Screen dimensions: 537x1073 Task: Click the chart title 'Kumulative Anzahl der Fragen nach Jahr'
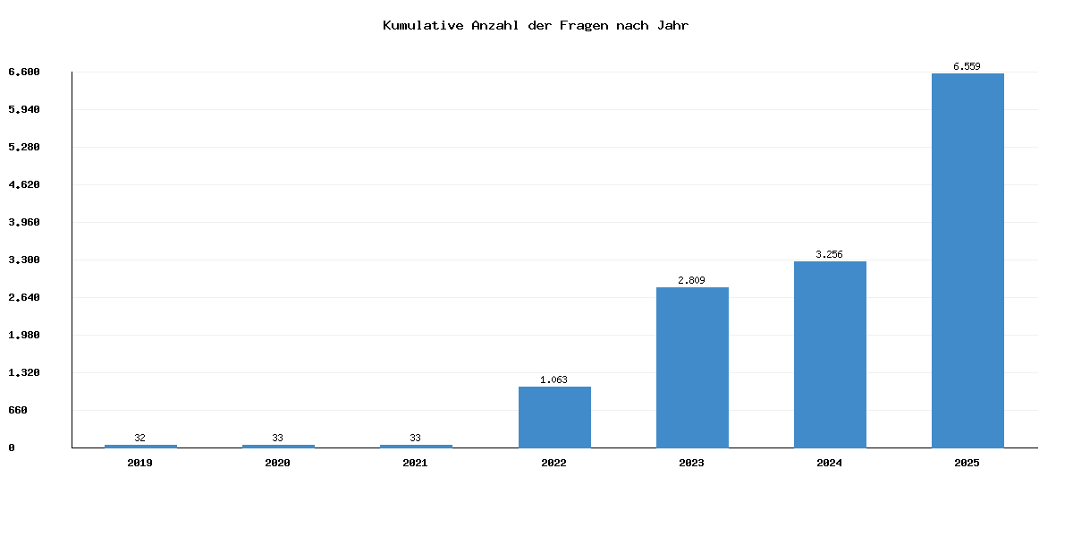pos(536,25)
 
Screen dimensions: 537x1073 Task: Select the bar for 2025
pos(967,260)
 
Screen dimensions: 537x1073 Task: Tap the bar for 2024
pos(830,354)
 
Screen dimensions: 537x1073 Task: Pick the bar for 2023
pos(692,367)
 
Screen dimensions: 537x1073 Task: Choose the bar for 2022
pos(554,417)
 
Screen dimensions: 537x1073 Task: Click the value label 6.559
pos(967,66)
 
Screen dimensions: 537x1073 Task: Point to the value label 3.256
pos(829,254)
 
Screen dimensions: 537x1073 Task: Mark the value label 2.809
pos(691,280)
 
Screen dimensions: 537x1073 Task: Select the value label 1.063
pos(553,379)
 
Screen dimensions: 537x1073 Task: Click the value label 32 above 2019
pos(140,438)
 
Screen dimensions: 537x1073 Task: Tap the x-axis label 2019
pos(140,463)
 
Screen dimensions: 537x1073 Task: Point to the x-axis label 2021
pos(416,463)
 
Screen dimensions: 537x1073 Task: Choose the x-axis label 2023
pos(691,463)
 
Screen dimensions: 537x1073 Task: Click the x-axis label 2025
pos(967,463)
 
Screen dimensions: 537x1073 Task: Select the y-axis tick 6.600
pos(24,72)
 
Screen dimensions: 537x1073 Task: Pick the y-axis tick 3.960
pos(24,222)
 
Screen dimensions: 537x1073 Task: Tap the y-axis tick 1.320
pos(24,372)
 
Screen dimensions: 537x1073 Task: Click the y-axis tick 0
pos(12,447)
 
